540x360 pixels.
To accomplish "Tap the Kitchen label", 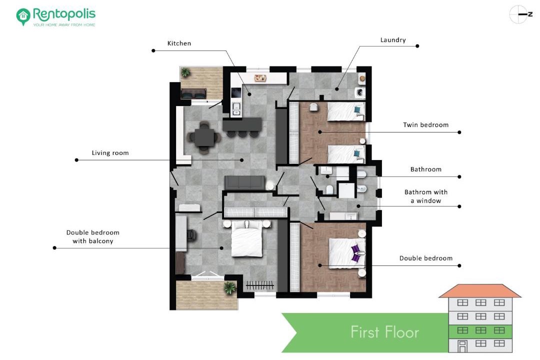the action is pos(179,43).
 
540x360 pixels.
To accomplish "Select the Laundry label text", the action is pos(393,40).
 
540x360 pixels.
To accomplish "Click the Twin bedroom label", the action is pos(425,124).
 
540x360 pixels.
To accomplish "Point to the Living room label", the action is pos(110,153).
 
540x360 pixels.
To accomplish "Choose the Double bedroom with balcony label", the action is pos(93,236).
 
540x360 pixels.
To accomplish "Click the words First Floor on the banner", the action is pos(384,332).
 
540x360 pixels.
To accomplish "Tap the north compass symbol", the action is pos(520,14).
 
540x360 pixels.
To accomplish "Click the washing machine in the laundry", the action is pos(360,92).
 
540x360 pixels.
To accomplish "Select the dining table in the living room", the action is pos(204,137).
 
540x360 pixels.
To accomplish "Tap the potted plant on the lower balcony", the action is pos(229,287).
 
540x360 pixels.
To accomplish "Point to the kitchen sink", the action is pos(236,109).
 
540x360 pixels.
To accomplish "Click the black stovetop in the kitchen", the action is pos(236,93).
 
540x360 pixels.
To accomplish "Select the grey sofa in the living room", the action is pos(245,182).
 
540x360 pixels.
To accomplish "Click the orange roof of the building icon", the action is pos(479,291).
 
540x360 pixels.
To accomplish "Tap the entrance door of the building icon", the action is pos(462,346).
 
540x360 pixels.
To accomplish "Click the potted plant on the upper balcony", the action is pos(185,72).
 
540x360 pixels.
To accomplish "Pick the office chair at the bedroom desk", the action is pos(191,234).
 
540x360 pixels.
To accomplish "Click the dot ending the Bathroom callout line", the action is pos(459,176).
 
